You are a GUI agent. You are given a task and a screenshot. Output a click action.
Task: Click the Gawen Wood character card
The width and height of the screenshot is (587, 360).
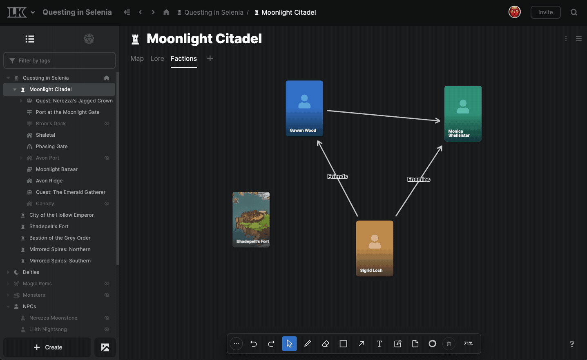point(304,108)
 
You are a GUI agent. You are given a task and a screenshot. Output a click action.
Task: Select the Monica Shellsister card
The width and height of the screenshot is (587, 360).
point(463,113)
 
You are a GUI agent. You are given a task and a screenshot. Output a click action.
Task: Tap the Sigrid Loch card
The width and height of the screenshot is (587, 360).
point(375,248)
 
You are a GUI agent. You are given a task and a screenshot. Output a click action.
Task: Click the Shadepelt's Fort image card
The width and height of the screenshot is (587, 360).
point(251,219)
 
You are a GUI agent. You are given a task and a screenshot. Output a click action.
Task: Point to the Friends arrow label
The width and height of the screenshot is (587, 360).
point(337,176)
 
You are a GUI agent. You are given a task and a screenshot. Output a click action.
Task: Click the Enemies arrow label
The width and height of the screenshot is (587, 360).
point(419,179)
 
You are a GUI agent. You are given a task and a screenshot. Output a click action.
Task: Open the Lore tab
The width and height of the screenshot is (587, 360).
point(157,58)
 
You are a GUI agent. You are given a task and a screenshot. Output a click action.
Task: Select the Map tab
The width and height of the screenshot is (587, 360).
point(137,58)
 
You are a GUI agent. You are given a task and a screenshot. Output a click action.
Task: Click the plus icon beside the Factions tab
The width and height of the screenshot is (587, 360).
point(210,58)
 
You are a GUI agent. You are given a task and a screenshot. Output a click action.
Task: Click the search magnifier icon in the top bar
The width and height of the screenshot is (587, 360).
point(574,12)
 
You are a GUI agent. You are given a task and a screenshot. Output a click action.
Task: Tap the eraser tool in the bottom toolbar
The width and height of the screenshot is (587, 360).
point(326,344)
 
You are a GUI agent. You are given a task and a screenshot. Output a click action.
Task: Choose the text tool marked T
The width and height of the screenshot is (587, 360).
point(379,344)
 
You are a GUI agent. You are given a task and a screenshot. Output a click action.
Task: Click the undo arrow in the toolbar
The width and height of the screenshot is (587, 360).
point(254,344)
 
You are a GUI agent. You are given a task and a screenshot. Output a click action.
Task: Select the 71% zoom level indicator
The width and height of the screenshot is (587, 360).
point(468,344)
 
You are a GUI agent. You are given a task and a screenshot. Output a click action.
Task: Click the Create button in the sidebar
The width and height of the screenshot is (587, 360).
point(48,347)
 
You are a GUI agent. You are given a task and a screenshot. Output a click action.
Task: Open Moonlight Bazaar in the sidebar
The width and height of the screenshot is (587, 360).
point(57,169)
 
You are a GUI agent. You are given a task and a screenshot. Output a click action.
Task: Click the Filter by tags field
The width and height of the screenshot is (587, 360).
point(59,60)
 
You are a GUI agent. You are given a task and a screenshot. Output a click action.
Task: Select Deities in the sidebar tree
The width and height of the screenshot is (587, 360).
point(31,272)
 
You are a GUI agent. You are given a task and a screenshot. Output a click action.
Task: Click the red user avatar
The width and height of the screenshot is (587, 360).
point(514,12)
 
